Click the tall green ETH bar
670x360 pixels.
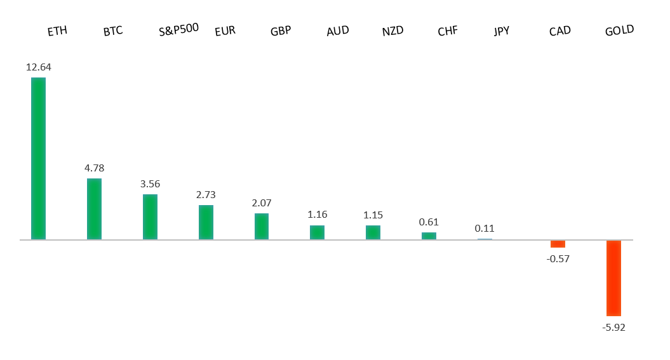tap(38, 159)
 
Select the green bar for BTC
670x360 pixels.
tap(94, 209)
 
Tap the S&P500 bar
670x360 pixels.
tap(150, 217)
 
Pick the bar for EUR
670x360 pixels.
tap(206, 222)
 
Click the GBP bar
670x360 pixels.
tap(262, 227)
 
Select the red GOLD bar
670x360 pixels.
tap(613, 278)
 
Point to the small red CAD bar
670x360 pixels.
tap(558, 244)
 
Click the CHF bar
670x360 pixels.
tap(429, 236)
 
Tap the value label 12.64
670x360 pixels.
tap(38, 67)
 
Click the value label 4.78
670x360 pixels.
tap(94, 168)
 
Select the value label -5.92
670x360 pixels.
tap(613, 327)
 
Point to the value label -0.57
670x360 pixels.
tap(558, 258)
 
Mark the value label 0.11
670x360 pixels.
tap(485, 229)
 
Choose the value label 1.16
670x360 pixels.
tap(317, 215)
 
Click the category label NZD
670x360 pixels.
tap(392, 31)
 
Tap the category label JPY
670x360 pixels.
tap(502, 31)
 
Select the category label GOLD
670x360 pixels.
tap(619, 30)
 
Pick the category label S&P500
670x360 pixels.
tap(178, 29)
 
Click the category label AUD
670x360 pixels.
tap(337, 31)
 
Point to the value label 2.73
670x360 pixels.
tap(206, 194)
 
